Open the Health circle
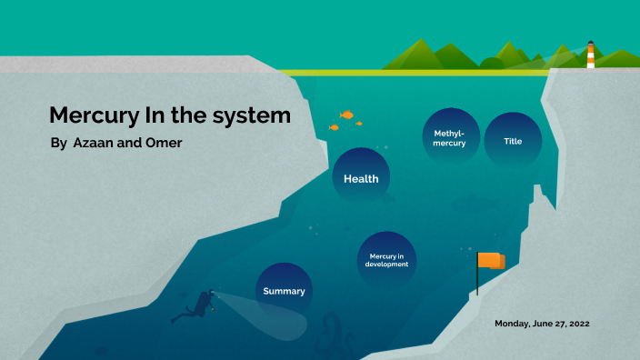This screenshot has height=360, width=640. point(361,178)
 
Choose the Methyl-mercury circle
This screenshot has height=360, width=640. point(450,138)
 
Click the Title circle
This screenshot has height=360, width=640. point(513,140)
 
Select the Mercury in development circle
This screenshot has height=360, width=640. point(386,260)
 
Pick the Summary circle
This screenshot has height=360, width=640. point(284,291)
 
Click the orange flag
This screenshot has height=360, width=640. point(490,261)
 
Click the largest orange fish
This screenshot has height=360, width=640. point(346,115)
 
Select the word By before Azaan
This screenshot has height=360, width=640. point(58,144)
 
